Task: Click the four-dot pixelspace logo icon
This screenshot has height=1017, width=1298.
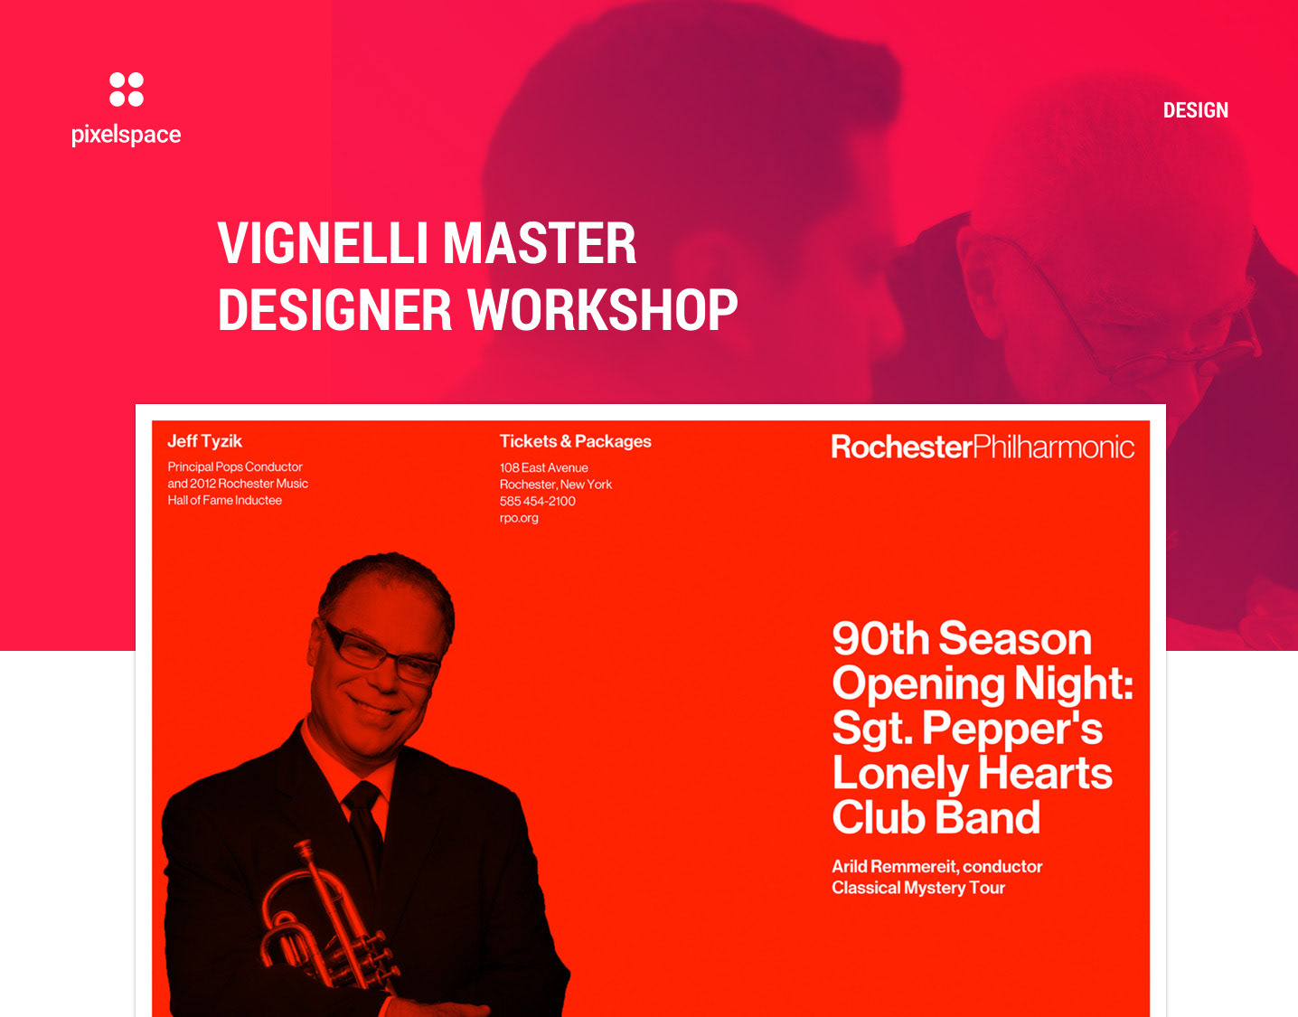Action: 127,89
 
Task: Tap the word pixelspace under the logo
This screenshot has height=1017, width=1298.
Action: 126,135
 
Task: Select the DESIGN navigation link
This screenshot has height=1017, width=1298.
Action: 1195,110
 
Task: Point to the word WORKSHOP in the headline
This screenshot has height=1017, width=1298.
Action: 602,309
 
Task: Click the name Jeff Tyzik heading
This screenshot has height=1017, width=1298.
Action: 205,441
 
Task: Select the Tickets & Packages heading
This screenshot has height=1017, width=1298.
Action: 575,441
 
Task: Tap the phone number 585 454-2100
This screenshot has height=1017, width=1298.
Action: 538,501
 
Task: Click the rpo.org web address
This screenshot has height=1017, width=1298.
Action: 519,518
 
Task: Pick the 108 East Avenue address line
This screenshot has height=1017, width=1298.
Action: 543,467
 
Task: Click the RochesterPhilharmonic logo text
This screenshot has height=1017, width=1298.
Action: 983,447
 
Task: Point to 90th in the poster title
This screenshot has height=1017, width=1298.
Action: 881,638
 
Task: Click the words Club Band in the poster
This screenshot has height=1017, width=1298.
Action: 936,817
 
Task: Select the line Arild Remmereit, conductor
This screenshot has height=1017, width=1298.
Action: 937,867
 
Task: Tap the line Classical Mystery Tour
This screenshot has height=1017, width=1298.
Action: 918,888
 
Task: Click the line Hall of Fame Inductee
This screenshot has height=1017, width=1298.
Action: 224,500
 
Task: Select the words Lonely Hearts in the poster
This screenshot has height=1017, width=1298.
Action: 972,773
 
